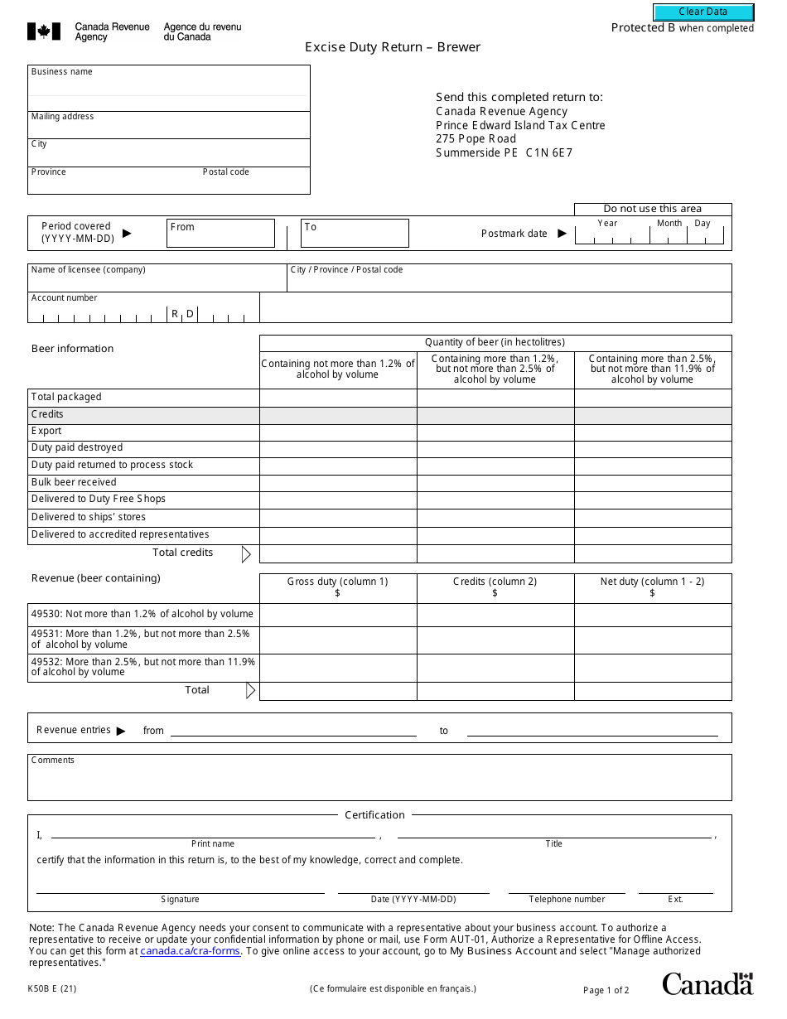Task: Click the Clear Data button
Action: pyautogui.click(x=703, y=12)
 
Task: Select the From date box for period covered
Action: pyautogui.click(x=220, y=233)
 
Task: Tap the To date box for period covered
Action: pyautogui.click(x=355, y=233)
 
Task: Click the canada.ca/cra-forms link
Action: pyautogui.click(x=191, y=952)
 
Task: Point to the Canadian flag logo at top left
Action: pyautogui.click(x=44, y=31)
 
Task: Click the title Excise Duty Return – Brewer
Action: pyautogui.click(x=393, y=47)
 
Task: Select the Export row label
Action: pyautogui.click(x=46, y=431)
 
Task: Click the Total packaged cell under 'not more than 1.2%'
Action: pyautogui.click(x=338, y=397)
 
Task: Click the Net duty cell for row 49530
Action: pyautogui.click(x=653, y=615)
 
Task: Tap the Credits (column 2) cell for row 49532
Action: pyautogui.click(x=495, y=668)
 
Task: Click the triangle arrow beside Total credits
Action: pyautogui.click(x=246, y=554)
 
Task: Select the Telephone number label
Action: pyautogui.click(x=567, y=900)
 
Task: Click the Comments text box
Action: pyautogui.click(x=379, y=782)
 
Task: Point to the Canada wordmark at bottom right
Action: pyautogui.click(x=707, y=983)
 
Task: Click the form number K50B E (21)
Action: pyautogui.click(x=52, y=988)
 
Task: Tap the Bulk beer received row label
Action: pyautogui.click(x=74, y=482)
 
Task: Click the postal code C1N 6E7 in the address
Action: pyautogui.click(x=549, y=153)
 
